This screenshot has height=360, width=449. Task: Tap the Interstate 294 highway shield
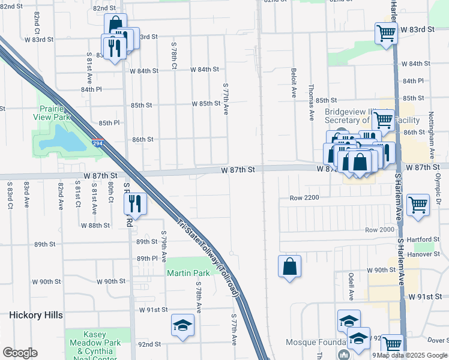pos(97,144)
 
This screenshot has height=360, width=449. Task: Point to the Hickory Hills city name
pos(36,314)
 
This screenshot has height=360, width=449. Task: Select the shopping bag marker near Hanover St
pos(289,266)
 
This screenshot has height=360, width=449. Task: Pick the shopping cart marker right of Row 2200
pos(418,205)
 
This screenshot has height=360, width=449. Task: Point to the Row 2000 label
pos(379,230)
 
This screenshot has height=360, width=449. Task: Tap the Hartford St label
pos(419,239)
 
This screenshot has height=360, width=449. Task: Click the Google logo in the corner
pos(20,353)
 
